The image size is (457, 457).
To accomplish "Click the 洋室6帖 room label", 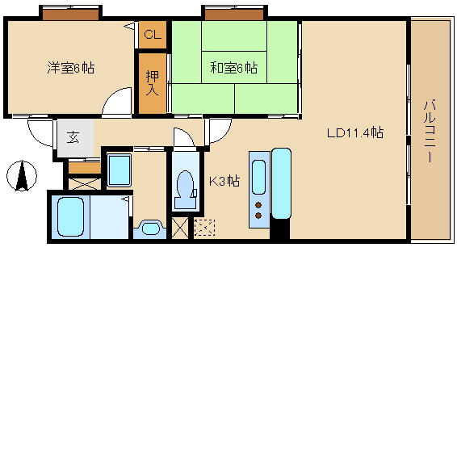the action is [71, 68].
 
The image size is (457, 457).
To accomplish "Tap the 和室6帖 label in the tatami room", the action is [234, 68].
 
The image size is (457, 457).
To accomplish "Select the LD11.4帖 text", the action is [355, 133].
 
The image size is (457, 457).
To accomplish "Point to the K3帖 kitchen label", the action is [224, 181].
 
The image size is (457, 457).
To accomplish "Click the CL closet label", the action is [153, 35].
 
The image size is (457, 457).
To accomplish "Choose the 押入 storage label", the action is [152, 83].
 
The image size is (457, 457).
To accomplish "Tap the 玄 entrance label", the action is [73, 137].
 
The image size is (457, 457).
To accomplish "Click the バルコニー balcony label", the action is [430, 131].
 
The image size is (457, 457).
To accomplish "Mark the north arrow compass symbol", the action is [22, 176].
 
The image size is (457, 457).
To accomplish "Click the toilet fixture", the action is [186, 190].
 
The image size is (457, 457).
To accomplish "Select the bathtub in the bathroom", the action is [70, 216].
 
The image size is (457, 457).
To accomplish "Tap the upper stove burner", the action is [258, 205].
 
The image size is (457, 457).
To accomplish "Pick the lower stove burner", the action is [258, 216].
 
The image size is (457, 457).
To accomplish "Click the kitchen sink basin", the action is [258, 177].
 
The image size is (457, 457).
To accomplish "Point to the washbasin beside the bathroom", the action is [150, 228].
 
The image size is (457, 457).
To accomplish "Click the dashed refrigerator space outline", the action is [204, 228].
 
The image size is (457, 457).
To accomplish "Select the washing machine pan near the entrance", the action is [119, 170].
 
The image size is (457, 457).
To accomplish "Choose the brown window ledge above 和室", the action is [234, 15].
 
